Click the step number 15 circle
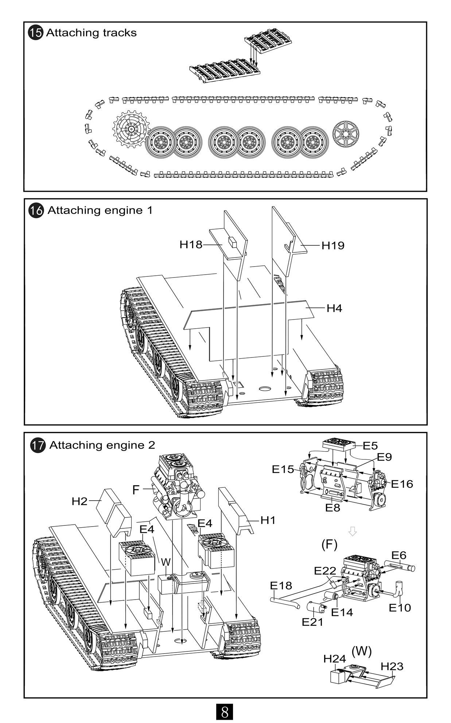[36, 33]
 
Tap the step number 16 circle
[36, 211]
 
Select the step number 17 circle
[37, 445]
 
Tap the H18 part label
[191, 245]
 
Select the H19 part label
[333, 246]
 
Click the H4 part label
[334, 308]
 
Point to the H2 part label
[79, 501]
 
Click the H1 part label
[268, 520]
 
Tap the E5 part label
[370, 446]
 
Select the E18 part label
[281, 585]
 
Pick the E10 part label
[400, 608]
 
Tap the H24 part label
[334, 659]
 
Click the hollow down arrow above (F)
[352, 531]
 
